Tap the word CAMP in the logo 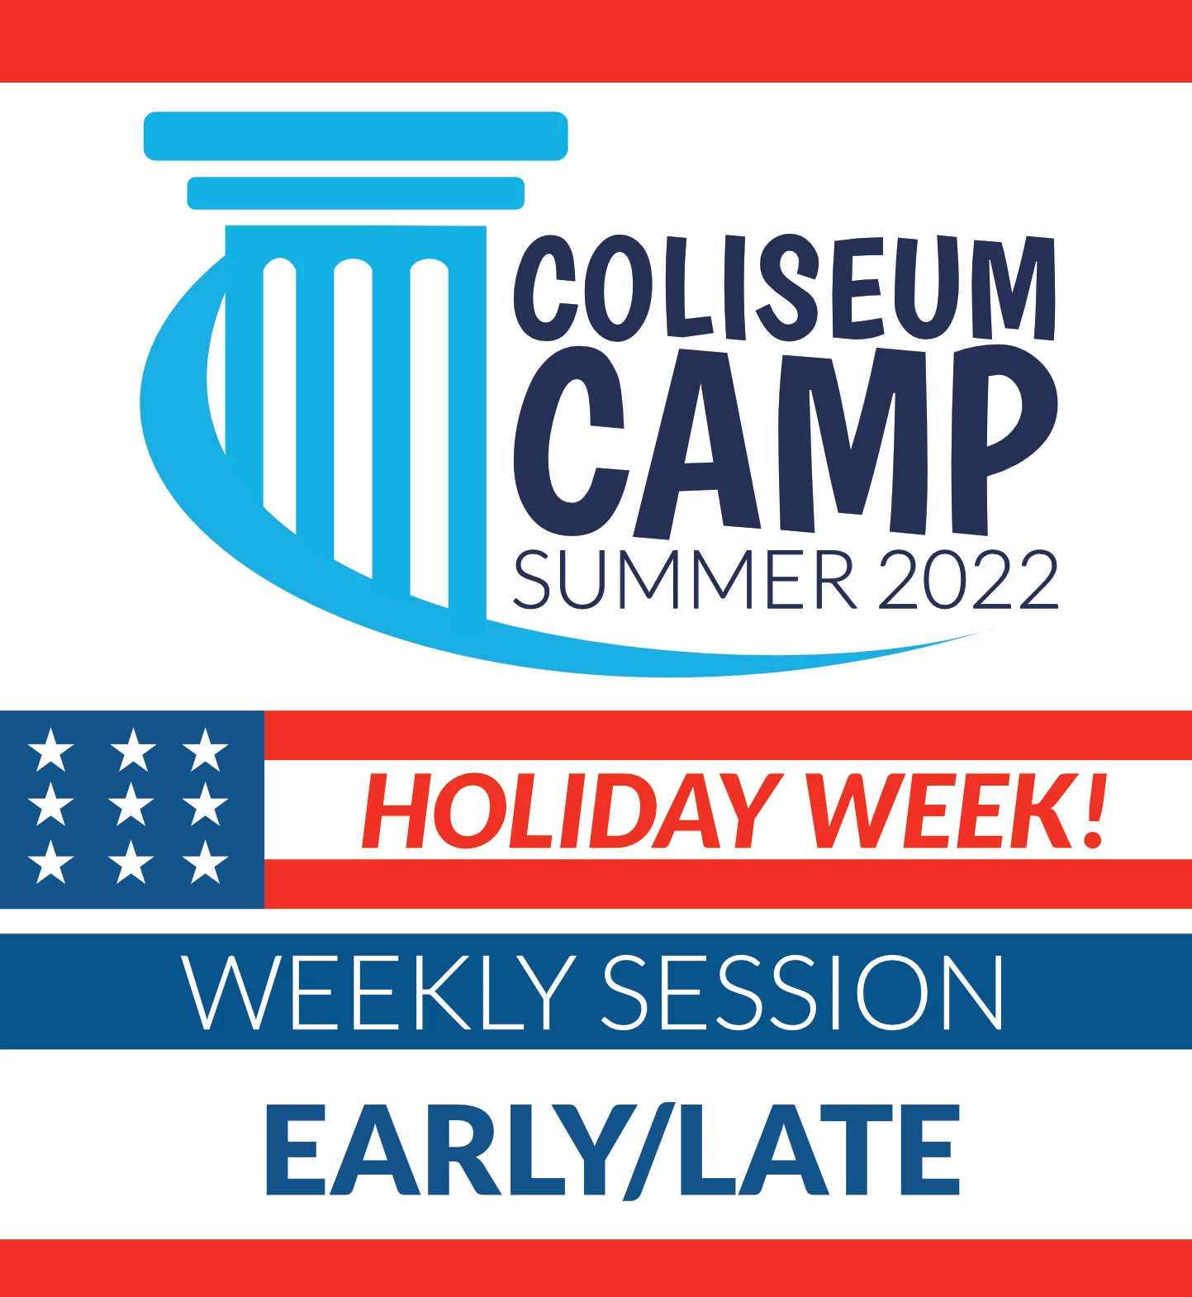786,441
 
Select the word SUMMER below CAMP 685,579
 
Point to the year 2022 967,579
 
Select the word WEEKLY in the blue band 379,992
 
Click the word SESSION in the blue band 803,992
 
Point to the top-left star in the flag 51,749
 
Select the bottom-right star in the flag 206,862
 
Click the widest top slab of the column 356,136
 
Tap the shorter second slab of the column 356,193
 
